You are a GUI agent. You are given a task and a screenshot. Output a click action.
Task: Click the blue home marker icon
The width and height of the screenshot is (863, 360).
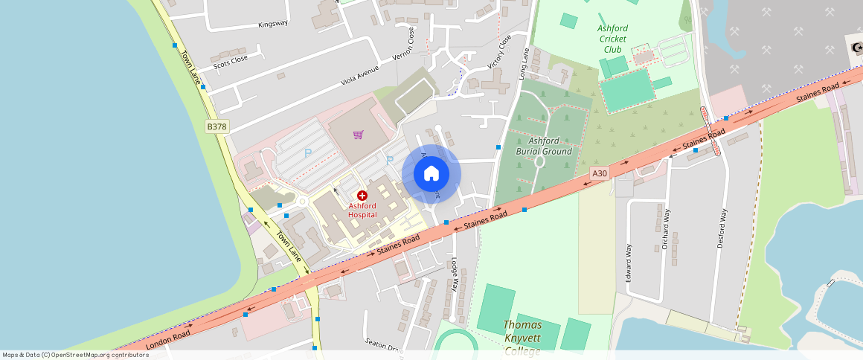pyautogui.click(x=431, y=174)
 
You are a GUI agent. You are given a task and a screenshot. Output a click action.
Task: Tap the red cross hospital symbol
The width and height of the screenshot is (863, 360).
pyautogui.click(x=362, y=195)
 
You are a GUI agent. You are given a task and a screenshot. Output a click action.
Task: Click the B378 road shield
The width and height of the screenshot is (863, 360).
pyautogui.click(x=216, y=127)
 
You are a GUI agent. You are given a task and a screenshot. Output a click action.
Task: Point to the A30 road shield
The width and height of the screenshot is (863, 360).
pyautogui.click(x=600, y=173)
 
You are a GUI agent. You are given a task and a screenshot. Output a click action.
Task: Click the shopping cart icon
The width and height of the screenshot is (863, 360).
pyautogui.click(x=359, y=135)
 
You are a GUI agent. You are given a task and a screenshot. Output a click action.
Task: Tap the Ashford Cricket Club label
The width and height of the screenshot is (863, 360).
pyautogui.click(x=613, y=39)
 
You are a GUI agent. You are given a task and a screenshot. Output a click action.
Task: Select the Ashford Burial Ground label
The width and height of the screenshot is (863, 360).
pyautogui.click(x=544, y=146)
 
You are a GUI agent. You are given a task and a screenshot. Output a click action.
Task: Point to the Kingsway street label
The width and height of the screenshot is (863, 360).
pyautogui.click(x=272, y=24)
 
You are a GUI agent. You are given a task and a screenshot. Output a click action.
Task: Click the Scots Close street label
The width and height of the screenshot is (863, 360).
pyautogui.click(x=231, y=60)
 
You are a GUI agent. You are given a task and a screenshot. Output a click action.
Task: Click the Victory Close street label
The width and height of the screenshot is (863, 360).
pyautogui.click(x=499, y=51)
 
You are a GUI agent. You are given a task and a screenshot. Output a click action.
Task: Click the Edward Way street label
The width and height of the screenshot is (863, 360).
pyautogui.click(x=629, y=262)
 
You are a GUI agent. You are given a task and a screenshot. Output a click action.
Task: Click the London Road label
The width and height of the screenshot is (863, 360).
pyautogui.click(x=168, y=340)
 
